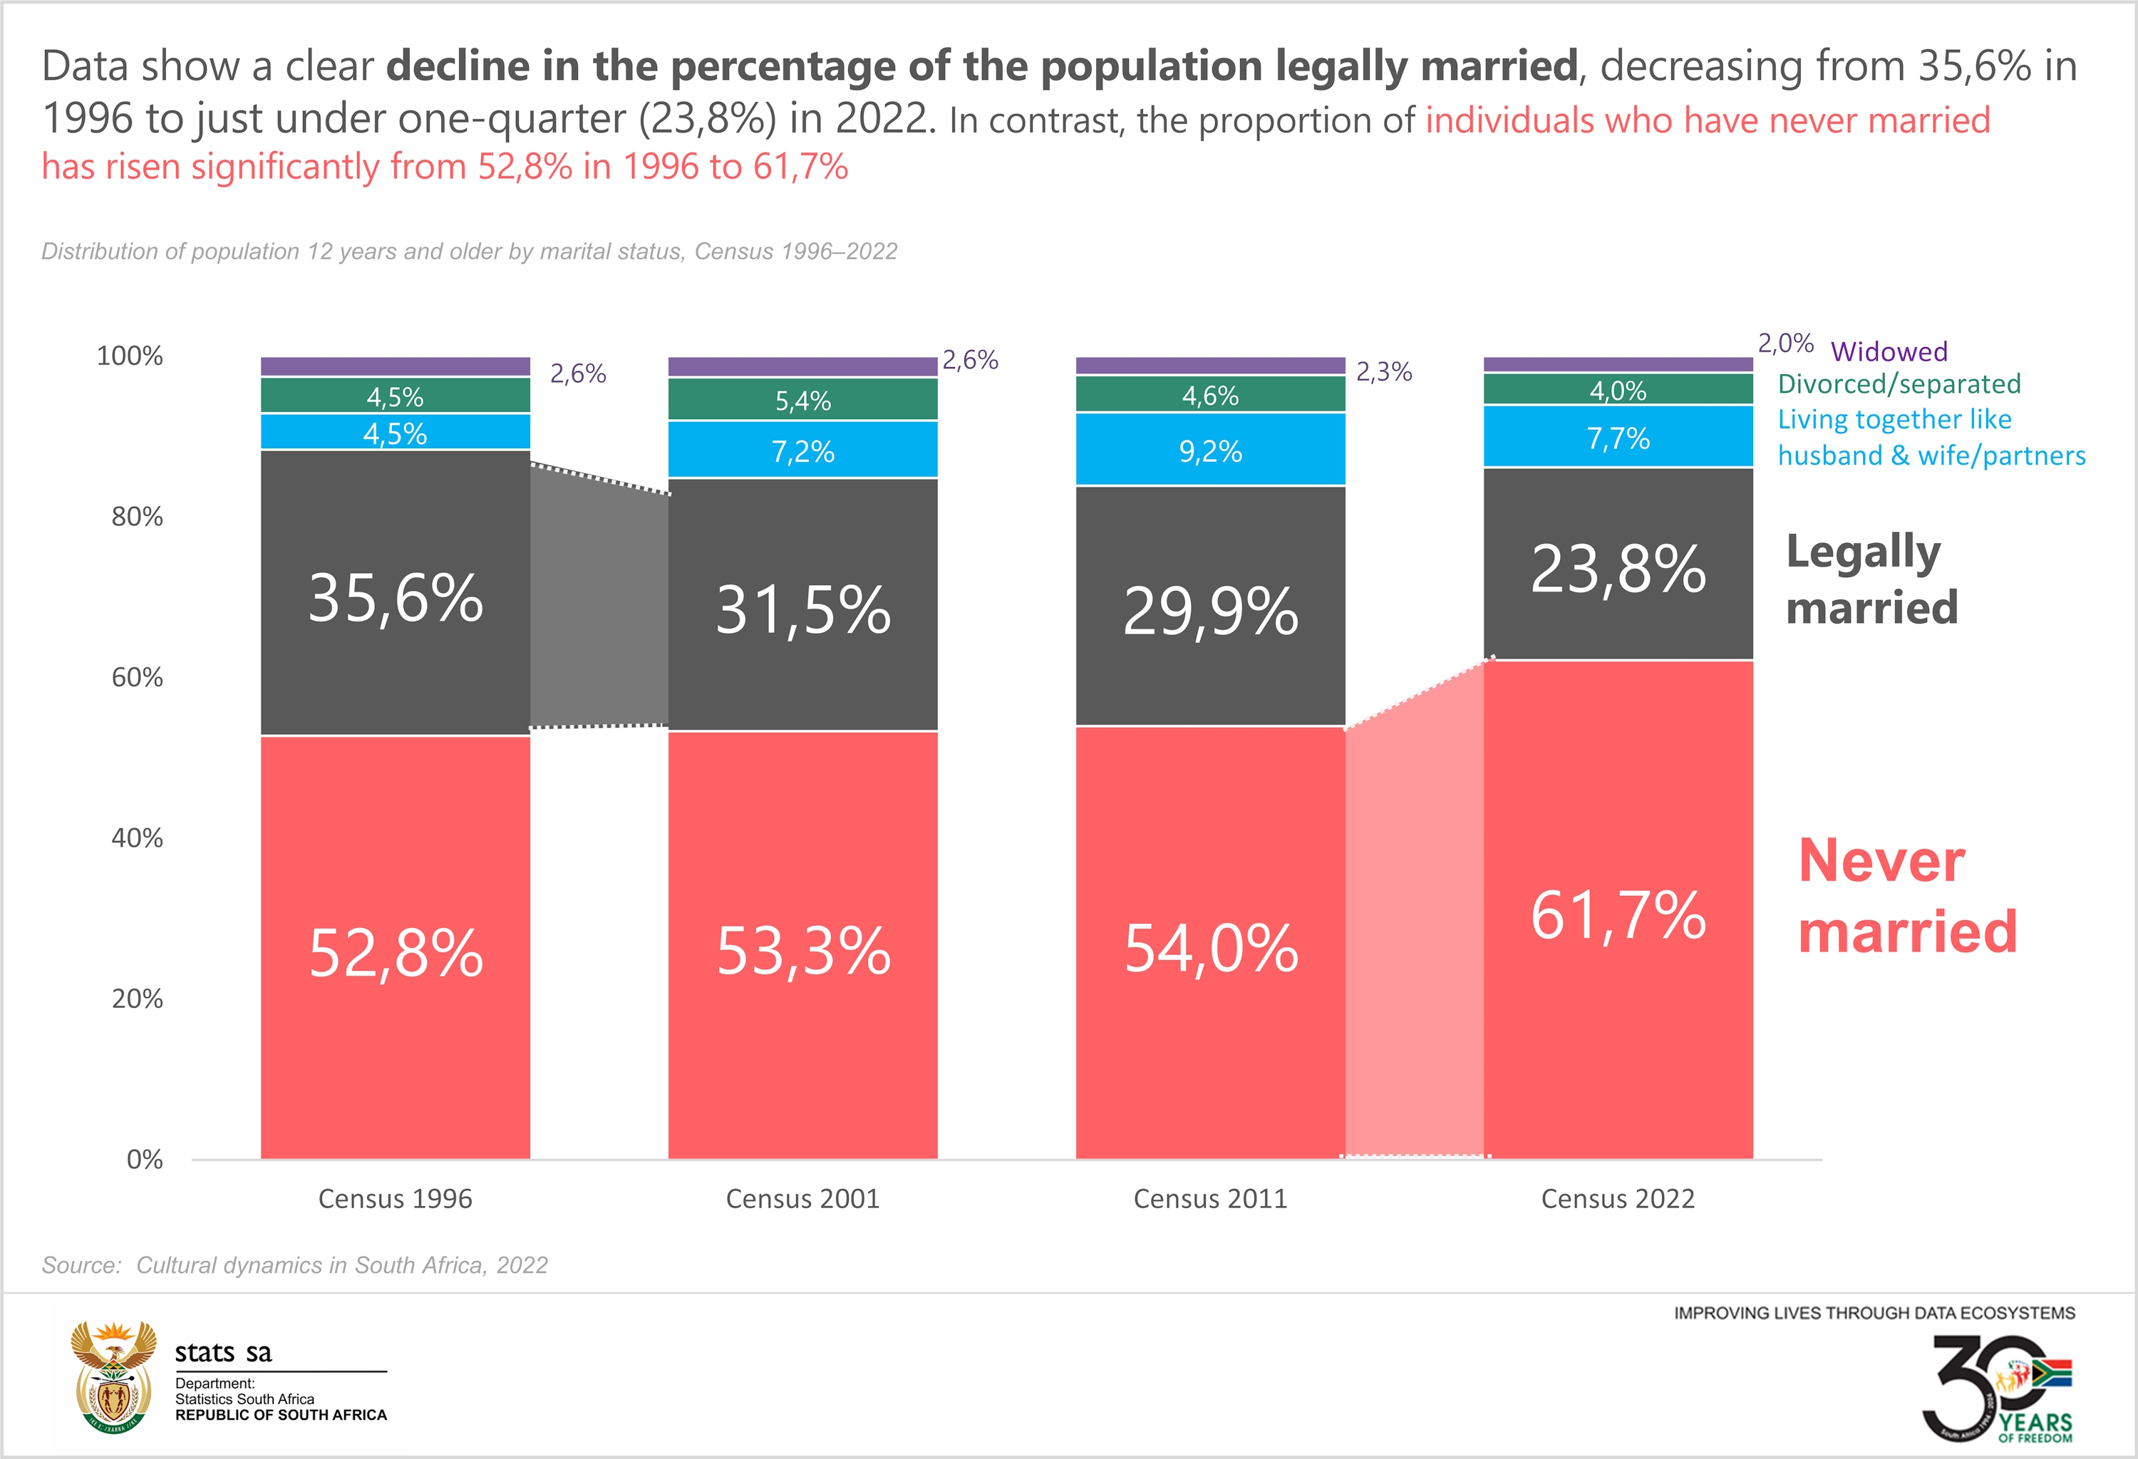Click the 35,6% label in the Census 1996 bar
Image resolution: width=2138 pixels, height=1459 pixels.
(396, 598)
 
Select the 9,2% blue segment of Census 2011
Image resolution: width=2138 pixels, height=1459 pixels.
(1210, 450)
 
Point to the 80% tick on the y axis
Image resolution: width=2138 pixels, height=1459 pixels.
(137, 517)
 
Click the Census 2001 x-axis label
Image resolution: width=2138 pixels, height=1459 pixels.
(802, 1199)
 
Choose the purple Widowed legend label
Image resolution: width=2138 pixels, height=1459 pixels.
(1889, 351)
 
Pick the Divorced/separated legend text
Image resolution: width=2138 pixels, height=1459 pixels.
(1899, 383)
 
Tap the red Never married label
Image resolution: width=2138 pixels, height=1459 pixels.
(1906, 896)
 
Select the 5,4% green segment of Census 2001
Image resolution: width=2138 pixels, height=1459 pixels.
(802, 400)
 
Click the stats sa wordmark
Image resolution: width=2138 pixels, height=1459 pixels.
(224, 1352)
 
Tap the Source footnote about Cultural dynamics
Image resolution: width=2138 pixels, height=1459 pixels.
(294, 1266)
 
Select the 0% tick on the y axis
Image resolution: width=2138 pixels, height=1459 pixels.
(145, 1159)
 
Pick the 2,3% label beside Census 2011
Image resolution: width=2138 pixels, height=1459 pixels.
(1383, 371)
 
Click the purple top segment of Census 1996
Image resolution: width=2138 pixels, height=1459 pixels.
(396, 366)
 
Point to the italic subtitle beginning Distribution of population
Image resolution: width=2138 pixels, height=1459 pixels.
(469, 251)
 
